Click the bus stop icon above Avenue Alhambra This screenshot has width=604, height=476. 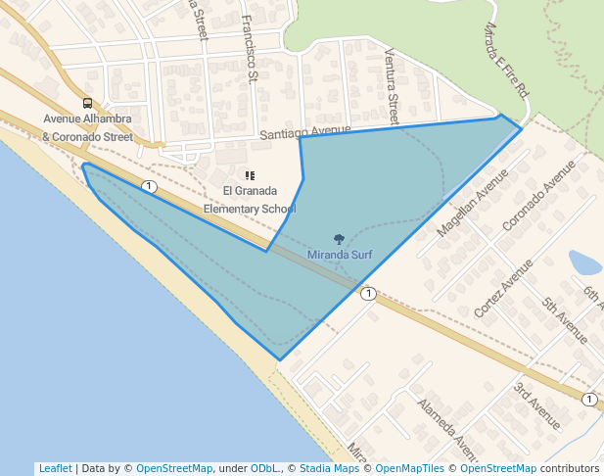pos(88,104)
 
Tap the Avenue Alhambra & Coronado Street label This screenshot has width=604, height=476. pos(87,128)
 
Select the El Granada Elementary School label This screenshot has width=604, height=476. pos(250,199)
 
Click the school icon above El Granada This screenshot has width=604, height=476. pos(250,175)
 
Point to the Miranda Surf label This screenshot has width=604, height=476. pos(340,254)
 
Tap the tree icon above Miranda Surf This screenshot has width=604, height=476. pos(340,239)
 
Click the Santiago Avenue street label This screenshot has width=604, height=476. pos(305,131)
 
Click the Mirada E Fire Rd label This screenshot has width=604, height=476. pos(507,58)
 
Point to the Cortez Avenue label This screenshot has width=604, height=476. pos(503,287)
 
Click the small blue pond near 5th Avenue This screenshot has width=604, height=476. pos(584,262)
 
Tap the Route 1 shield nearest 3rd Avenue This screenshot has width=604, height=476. pos(588,400)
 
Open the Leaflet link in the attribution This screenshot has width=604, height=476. pos(55,468)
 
